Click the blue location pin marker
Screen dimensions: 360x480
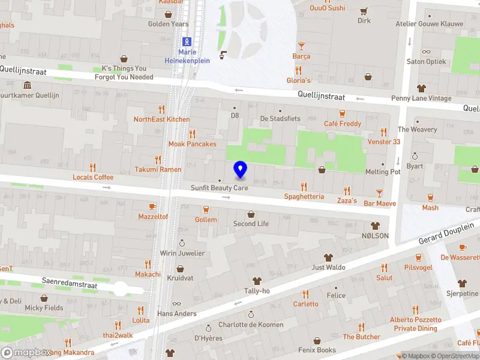pyautogui.click(x=240, y=170)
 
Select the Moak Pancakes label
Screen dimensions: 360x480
pyautogui.click(x=192, y=144)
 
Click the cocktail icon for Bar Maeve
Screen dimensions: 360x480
pyautogui.click(x=379, y=193)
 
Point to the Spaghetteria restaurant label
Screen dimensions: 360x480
pyautogui.click(x=304, y=196)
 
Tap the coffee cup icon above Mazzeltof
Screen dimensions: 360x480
pyautogui.click(x=152, y=206)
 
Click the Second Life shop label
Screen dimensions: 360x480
pyautogui.click(x=251, y=224)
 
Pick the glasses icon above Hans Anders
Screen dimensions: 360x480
pyautogui.click(x=176, y=304)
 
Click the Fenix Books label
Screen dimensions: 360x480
pyautogui.click(x=317, y=350)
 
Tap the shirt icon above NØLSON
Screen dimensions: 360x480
pyautogui.click(x=376, y=226)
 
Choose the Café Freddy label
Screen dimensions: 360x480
pyautogui.click(x=343, y=124)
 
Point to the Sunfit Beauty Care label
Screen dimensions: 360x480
pyautogui.click(x=219, y=188)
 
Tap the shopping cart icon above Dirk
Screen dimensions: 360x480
pyautogui.click(x=364, y=11)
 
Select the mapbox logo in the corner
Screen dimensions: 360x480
pyautogui.click(x=25, y=352)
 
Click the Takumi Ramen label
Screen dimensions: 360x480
pyautogui.click(x=158, y=169)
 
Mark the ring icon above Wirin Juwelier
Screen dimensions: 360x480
pyautogui.click(x=182, y=243)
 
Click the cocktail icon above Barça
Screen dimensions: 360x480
pyautogui.click(x=301, y=46)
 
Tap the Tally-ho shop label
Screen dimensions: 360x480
pyautogui.click(x=257, y=291)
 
